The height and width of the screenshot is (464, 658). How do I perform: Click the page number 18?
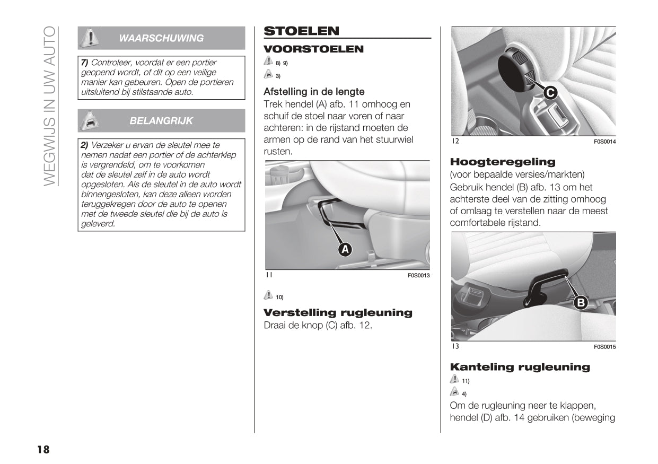43,450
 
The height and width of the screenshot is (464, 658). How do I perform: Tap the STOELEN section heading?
301,31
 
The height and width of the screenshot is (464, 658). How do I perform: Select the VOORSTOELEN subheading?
313,49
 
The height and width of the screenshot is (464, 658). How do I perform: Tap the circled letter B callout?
581,303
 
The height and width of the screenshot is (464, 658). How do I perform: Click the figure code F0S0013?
418,276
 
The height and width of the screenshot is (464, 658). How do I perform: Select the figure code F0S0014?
604,142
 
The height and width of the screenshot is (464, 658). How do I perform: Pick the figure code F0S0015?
604,347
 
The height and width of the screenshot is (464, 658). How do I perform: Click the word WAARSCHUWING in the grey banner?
161,38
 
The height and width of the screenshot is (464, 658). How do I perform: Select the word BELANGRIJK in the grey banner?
161,121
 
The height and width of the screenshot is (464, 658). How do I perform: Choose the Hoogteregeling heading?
502,162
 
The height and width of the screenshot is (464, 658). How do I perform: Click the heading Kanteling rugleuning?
520,367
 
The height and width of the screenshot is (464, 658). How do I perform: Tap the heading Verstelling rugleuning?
338,312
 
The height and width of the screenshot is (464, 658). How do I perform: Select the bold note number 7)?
84,62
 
